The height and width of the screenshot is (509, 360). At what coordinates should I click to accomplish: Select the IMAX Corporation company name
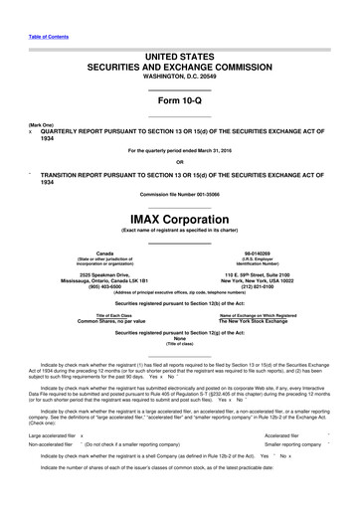[179, 218]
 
